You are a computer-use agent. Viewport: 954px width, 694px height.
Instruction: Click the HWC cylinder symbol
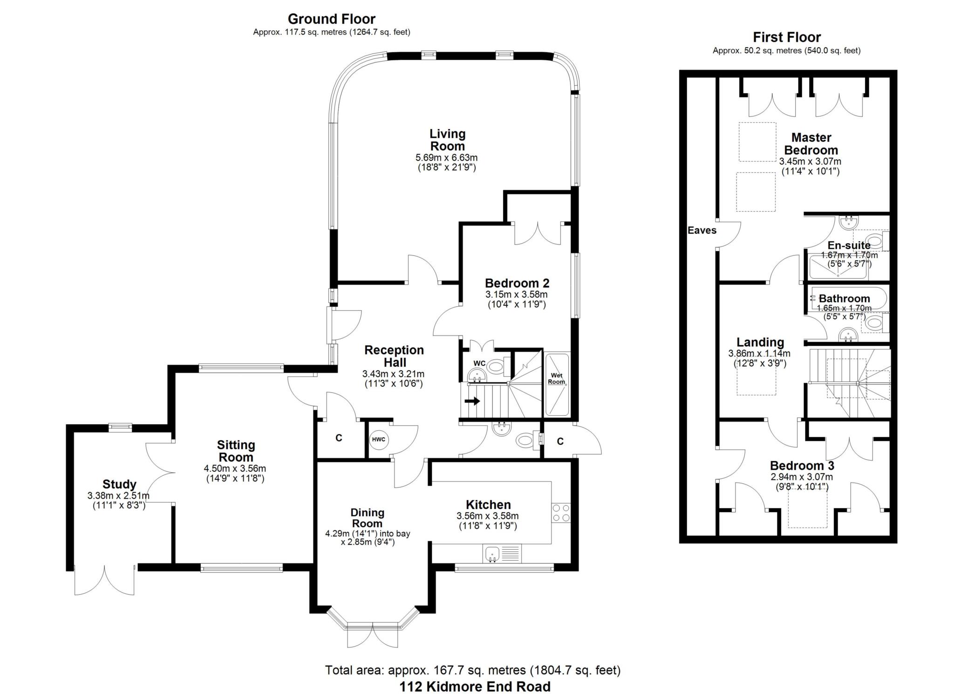tap(379, 440)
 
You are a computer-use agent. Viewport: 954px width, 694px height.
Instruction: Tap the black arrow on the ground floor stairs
tap(472, 401)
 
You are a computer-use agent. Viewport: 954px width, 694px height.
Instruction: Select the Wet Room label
tap(557, 378)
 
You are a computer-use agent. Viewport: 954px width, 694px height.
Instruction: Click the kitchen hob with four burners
tap(561, 513)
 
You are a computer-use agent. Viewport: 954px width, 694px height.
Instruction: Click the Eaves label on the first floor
tap(702, 230)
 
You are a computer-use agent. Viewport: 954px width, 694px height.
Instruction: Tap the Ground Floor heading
tap(332, 19)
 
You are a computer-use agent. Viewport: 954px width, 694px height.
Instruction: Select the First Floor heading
tap(787, 37)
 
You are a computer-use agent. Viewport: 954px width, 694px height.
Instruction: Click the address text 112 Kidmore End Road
tap(475, 687)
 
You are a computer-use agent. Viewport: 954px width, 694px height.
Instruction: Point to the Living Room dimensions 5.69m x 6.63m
tap(447, 158)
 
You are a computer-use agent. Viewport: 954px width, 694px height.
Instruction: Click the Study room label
tap(119, 484)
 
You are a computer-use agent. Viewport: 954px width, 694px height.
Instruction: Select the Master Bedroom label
tap(811, 144)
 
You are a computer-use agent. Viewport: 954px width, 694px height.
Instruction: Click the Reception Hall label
tap(394, 356)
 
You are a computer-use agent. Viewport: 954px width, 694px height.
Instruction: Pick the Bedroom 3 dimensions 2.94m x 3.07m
tap(802, 477)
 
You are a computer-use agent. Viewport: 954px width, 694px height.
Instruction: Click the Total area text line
tap(473, 670)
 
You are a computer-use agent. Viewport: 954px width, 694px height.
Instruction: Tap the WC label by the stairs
tap(479, 364)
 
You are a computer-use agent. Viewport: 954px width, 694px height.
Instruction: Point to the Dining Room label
tap(368, 518)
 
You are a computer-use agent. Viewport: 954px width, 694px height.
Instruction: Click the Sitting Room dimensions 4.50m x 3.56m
tap(235, 468)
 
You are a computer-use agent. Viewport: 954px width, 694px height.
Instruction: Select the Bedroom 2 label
tap(517, 283)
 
